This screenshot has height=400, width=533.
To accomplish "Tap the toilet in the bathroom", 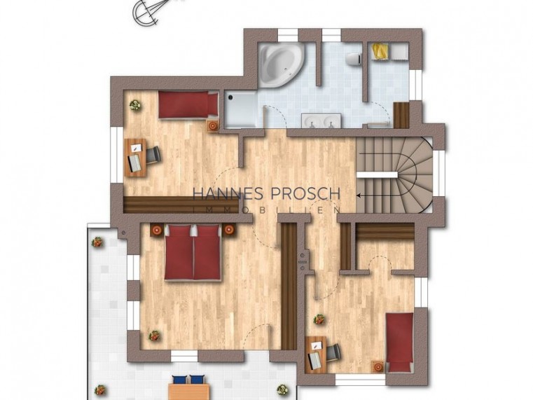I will pyautogui.click(x=354, y=56).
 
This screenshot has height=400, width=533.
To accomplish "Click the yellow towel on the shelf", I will pyautogui.click(x=379, y=51).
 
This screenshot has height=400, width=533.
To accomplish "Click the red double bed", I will pyautogui.click(x=193, y=254).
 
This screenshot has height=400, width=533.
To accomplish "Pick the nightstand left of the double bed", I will pyautogui.click(x=158, y=229).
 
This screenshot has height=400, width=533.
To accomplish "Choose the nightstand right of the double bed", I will pyautogui.click(x=229, y=229).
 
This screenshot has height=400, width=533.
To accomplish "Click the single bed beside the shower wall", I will pyautogui.click(x=187, y=106).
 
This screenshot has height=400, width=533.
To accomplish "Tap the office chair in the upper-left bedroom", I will pyautogui.click(x=153, y=154).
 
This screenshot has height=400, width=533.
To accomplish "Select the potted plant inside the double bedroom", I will pyautogui.click(x=153, y=335).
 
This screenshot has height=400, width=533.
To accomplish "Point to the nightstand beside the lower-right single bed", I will pyautogui.click(x=378, y=366).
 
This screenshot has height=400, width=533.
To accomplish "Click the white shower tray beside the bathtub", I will pyautogui.click(x=241, y=109).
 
